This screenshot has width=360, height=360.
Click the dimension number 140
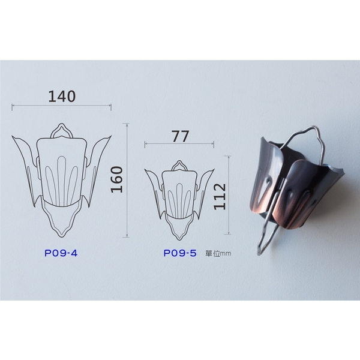pyautogui.click(x=62, y=97)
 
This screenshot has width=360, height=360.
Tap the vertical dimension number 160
pyautogui.click(x=117, y=180)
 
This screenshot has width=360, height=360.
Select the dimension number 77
pyautogui.click(x=180, y=136)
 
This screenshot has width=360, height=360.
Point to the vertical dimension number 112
pyautogui.click(x=220, y=197)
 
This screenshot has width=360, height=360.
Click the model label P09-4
pyautogui.click(x=61, y=253)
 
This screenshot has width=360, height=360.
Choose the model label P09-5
pyautogui.click(x=180, y=253)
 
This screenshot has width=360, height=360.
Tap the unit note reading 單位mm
pyautogui.click(x=218, y=254)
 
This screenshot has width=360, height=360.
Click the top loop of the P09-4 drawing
pyautogui.click(x=62, y=125)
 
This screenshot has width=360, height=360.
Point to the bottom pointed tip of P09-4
pyautogui.click(x=62, y=236)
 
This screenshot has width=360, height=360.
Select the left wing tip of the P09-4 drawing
pyautogui.click(x=13, y=136)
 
